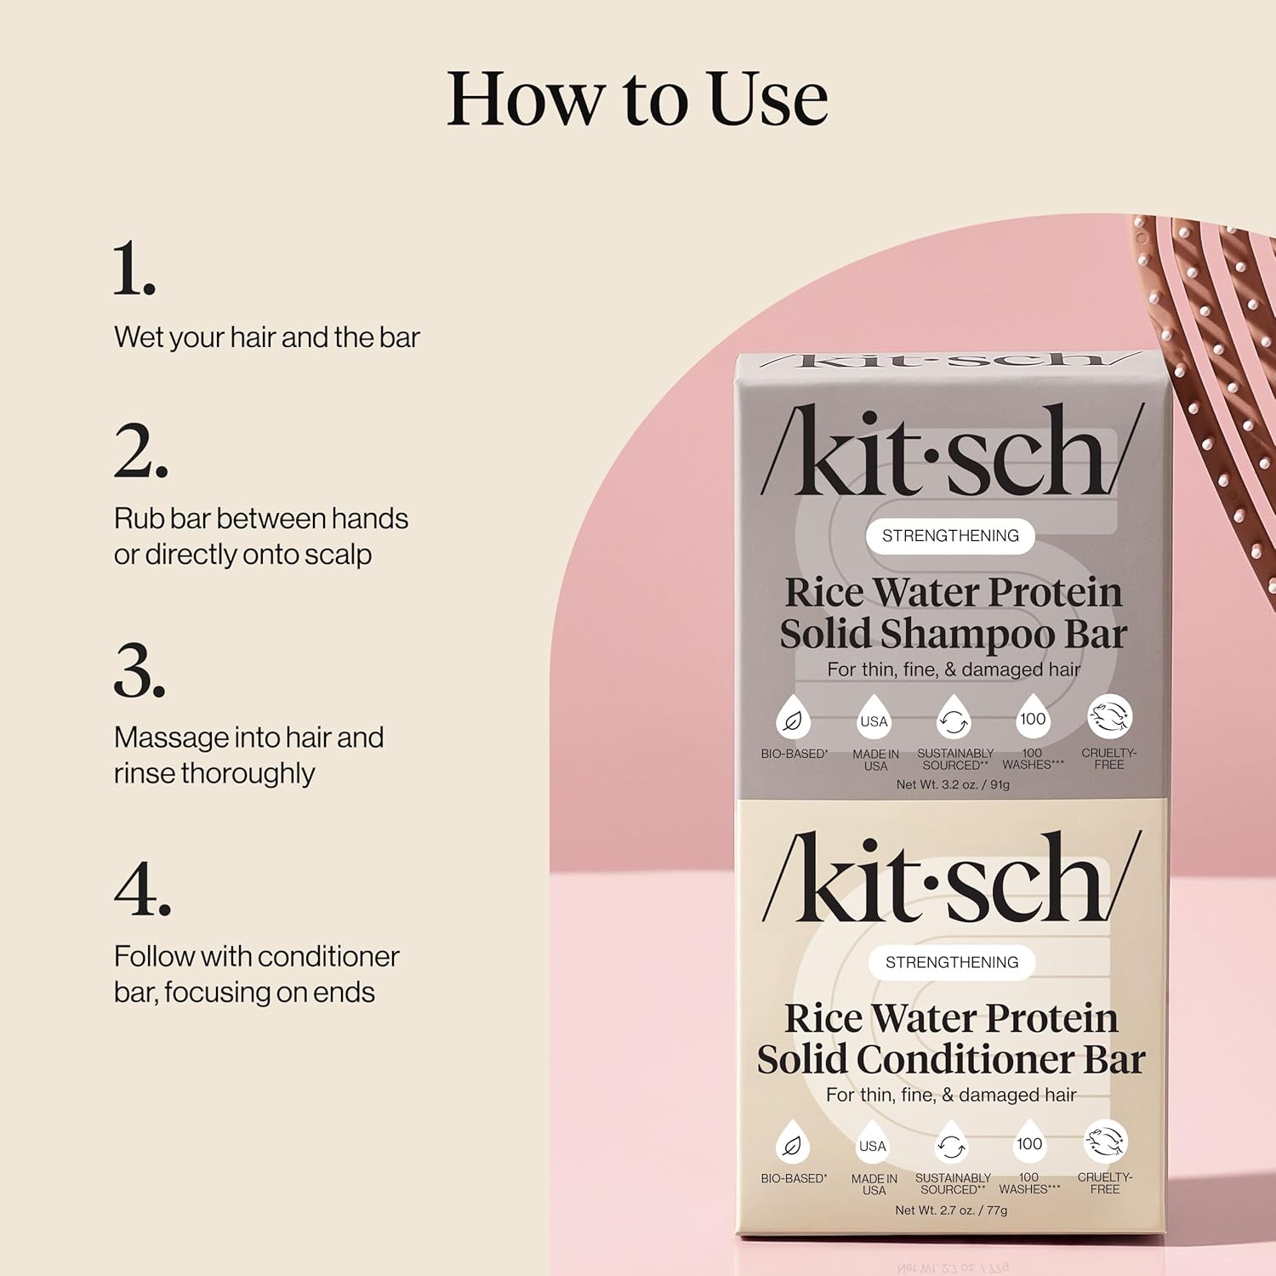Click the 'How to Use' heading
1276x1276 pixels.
point(637,99)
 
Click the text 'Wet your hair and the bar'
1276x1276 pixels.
point(266,337)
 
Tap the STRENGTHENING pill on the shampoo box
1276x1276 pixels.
point(950,536)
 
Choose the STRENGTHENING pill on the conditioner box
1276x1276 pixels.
point(952,962)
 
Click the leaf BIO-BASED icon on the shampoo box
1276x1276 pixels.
point(792,720)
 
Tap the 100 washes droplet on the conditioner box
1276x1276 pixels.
point(1029,1144)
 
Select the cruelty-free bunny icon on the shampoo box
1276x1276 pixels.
point(1109,716)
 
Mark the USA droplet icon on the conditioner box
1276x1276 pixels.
point(873,1145)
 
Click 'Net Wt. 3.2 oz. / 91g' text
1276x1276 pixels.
point(953,784)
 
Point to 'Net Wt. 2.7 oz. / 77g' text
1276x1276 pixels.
point(951,1210)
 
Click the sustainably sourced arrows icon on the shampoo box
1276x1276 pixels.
point(954,720)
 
